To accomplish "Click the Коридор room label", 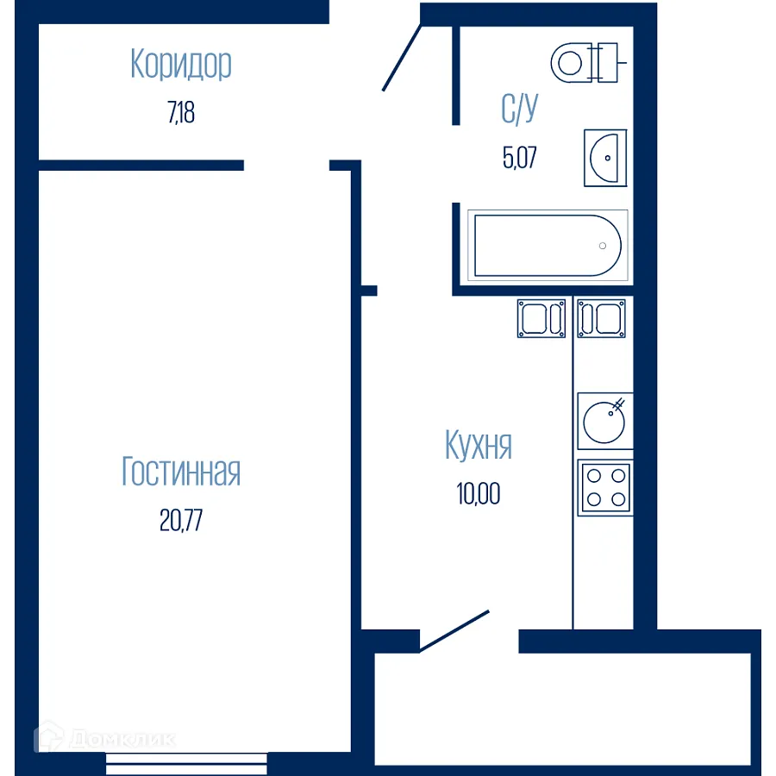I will tap(181, 65).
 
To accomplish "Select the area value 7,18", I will tap(181, 112).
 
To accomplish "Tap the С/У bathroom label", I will tap(519, 110).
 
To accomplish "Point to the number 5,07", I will tap(519, 158).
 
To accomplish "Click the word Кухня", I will tap(479, 446).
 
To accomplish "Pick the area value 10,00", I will tap(479, 494).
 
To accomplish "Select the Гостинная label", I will tap(181, 472).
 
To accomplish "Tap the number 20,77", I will tap(181, 521).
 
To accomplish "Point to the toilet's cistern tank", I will tap(610, 61).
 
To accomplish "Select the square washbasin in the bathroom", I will tap(605, 158).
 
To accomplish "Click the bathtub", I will tap(547, 246).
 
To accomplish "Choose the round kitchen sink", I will tap(604, 420).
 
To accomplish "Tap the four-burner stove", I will tap(604, 487).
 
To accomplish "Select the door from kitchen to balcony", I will tap(454, 631).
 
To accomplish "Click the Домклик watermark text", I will tap(122, 739).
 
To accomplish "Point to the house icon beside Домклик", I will tap(50, 738).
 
